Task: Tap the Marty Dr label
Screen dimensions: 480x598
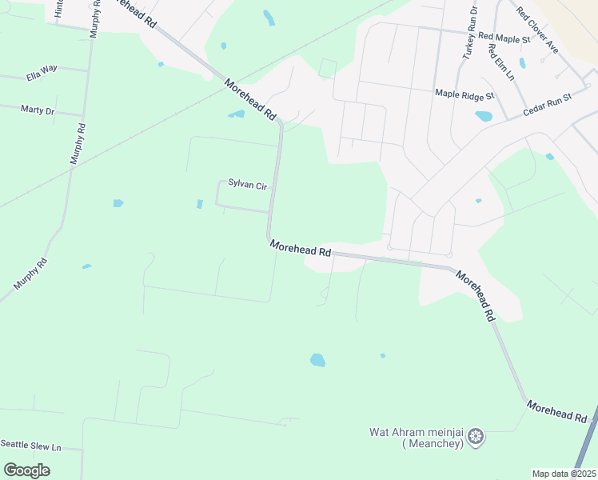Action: pos(37,110)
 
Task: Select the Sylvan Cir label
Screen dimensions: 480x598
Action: pos(247,185)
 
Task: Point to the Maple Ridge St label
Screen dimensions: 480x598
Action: pos(465,94)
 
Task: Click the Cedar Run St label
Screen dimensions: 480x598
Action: pos(548,105)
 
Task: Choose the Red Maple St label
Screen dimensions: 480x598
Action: pos(504,38)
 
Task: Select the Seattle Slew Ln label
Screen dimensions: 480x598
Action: pos(30,444)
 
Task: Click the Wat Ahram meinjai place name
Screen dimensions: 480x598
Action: pos(417,432)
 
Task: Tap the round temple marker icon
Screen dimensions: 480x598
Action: pos(476,437)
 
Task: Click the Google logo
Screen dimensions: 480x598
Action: pos(26,470)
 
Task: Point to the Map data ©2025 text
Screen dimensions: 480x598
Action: pos(564,474)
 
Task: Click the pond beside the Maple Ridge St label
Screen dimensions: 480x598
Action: pos(484,116)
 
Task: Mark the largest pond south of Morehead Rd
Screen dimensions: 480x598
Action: pos(317,360)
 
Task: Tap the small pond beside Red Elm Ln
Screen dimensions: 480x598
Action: pos(522,62)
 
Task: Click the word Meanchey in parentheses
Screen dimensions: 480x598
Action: pos(432,444)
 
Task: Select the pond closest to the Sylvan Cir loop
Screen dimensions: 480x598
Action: pos(200,204)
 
